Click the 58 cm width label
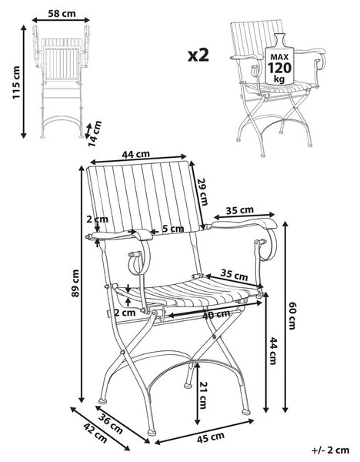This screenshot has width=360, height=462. click(62, 13)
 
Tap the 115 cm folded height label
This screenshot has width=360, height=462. click(16, 82)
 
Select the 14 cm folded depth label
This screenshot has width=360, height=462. click(95, 134)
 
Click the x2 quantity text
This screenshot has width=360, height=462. click(198, 55)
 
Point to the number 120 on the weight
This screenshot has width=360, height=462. click(279, 69)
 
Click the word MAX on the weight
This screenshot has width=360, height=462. click(279, 57)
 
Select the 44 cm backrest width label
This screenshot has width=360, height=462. click(135, 154)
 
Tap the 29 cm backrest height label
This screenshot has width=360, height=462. click(203, 192)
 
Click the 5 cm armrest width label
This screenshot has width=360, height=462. click(173, 229)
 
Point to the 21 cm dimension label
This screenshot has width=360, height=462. click(202, 395)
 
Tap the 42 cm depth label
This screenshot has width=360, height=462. click(95, 433)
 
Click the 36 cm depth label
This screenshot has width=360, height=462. click(110, 423)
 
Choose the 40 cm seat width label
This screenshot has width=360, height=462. click(216, 314)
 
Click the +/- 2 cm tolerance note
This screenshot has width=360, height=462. click(330, 450)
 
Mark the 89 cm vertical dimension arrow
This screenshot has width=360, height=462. click(82, 283)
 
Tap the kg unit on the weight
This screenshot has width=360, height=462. click(279, 79)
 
